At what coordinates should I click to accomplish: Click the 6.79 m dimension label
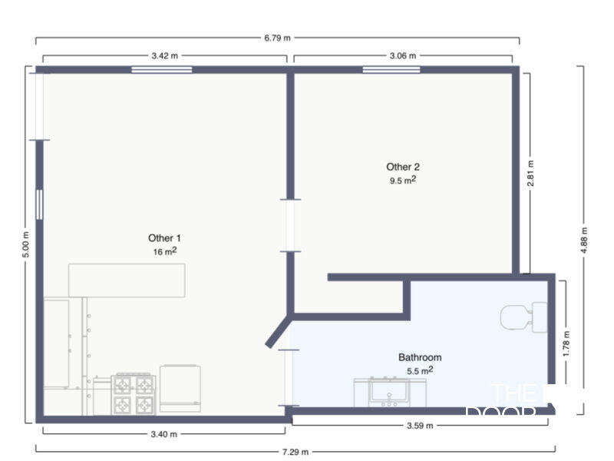click(x=277, y=37)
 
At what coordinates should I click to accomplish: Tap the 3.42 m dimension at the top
click(x=165, y=56)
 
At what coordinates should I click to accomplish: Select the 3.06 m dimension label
click(x=403, y=56)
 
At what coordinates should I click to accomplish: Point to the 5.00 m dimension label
click(x=25, y=245)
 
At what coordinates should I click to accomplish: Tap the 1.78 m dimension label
click(x=566, y=343)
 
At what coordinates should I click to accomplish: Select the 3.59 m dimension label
click(x=419, y=426)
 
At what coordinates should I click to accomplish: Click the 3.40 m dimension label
click(x=164, y=434)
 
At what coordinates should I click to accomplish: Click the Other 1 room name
click(x=164, y=238)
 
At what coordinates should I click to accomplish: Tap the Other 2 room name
click(x=403, y=167)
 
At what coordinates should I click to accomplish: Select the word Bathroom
click(x=420, y=357)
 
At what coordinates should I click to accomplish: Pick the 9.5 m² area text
click(x=403, y=181)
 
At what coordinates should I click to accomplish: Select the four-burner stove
click(x=134, y=394)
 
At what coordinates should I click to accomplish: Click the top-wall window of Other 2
click(x=391, y=70)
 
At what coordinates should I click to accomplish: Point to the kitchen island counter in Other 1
click(x=127, y=280)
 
